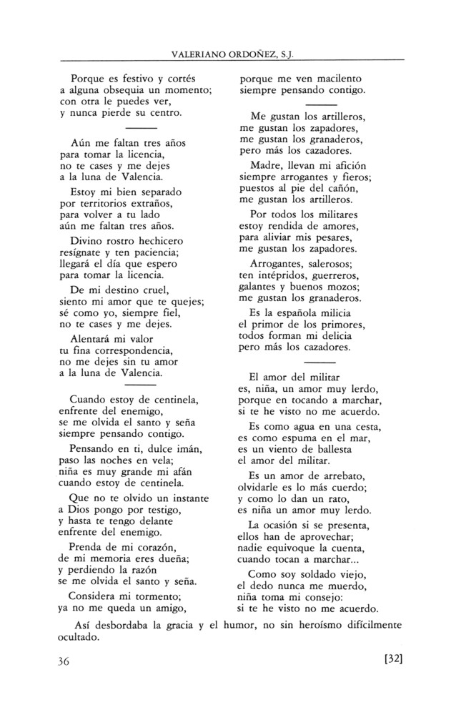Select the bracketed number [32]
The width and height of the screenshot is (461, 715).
click(389, 660)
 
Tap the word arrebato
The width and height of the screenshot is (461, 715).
click(334, 475)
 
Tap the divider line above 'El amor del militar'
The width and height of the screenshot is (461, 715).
click(309, 363)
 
